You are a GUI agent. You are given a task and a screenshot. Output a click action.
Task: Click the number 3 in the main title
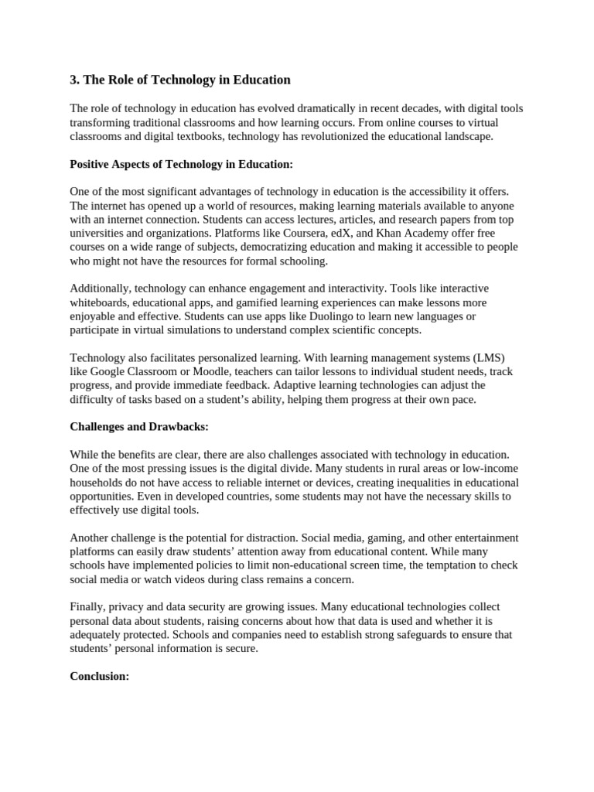(x=73, y=80)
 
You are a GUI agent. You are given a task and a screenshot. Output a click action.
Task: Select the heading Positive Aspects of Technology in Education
(x=182, y=165)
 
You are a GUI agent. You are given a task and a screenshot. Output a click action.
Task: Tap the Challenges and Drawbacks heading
(x=139, y=426)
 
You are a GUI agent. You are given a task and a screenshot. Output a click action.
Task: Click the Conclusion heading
(x=99, y=676)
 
